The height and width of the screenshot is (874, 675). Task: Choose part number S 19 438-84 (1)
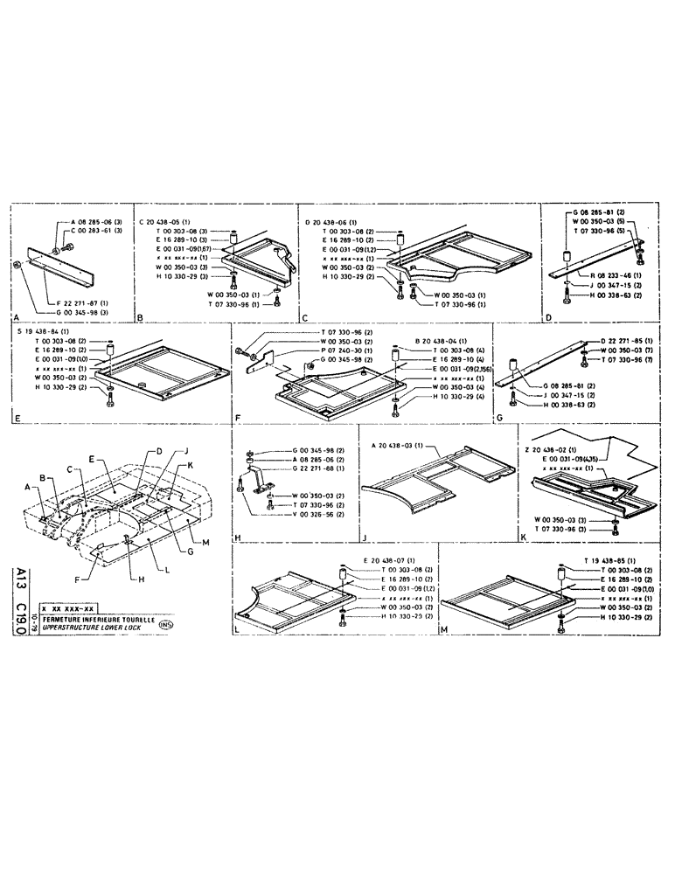(x=45, y=332)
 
